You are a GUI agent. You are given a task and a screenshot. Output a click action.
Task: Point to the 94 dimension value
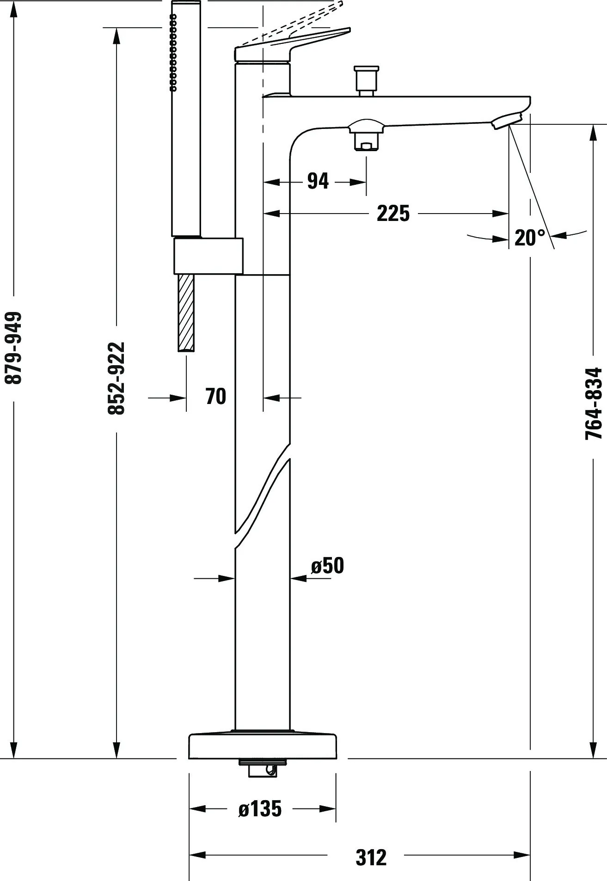318,181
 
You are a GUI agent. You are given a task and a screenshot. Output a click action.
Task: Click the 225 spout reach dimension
393,213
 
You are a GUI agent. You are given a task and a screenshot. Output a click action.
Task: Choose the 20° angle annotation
530,238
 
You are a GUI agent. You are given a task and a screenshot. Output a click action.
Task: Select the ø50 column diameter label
327,565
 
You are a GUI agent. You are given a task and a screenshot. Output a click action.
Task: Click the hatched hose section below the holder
186,313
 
